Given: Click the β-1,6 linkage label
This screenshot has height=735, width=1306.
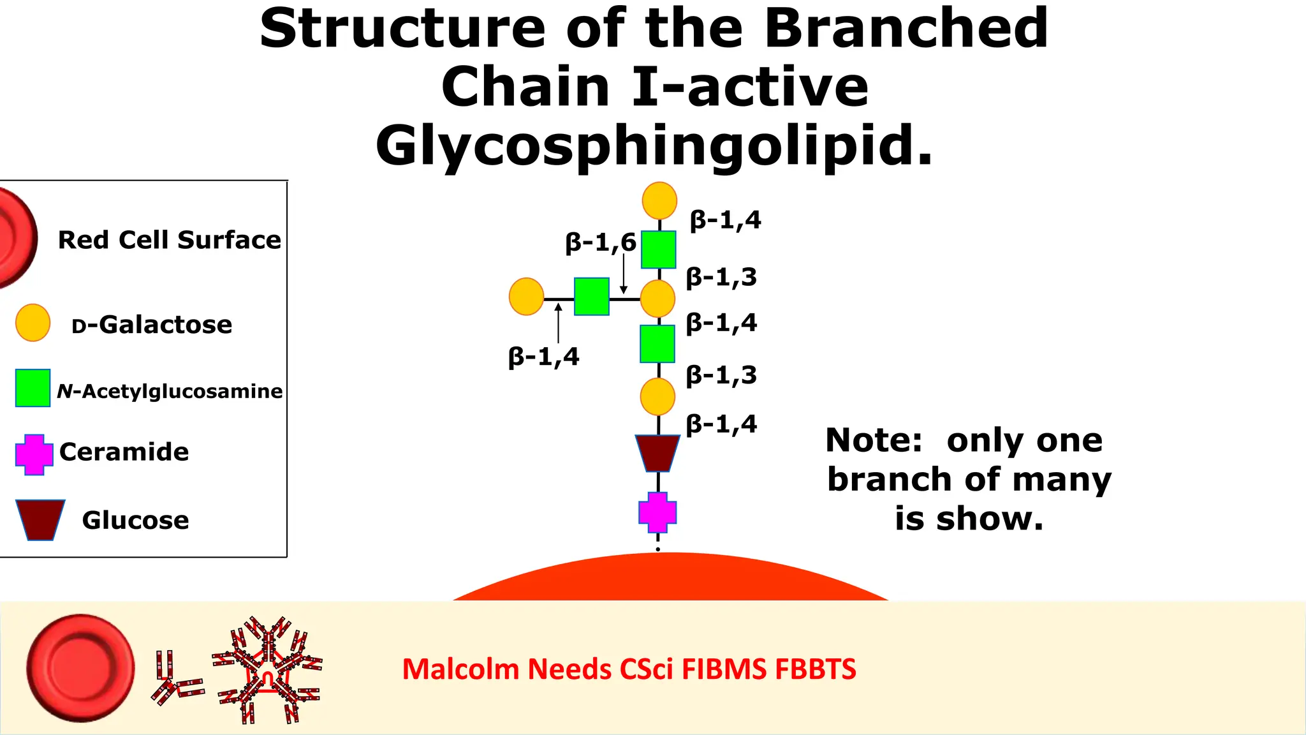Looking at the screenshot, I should tap(600, 243).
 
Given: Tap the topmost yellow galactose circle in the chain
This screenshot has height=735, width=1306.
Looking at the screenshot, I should tap(659, 200).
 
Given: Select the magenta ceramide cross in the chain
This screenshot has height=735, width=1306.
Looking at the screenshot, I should tap(657, 512).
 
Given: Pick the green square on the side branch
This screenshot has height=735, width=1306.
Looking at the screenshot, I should tap(592, 297).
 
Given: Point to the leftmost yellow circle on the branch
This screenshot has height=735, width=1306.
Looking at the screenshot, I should tap(527, 297).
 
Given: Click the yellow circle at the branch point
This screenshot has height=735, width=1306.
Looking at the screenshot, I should tap(657, 299).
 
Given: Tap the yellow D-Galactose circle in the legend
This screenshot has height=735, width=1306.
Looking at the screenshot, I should tap(33, 323).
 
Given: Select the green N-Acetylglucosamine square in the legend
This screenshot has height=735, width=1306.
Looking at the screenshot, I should tap(33, 388).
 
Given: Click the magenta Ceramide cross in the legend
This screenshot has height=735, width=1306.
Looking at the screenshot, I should tap(34, 454).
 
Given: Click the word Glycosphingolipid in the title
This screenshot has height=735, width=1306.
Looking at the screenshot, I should tap(654, 145).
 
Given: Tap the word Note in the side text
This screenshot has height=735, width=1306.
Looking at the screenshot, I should tap(874, 440).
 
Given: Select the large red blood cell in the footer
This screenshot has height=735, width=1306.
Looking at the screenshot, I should tap(81, 668).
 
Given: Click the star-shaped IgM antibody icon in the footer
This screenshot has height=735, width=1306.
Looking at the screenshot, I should tap(267, 669).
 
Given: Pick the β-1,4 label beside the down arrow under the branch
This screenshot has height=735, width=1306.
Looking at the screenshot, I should tap(543, 357).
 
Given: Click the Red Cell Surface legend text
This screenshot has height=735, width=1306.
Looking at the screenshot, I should tap(169, 241).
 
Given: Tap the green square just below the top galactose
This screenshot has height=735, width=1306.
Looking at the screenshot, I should tap(659, 249).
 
